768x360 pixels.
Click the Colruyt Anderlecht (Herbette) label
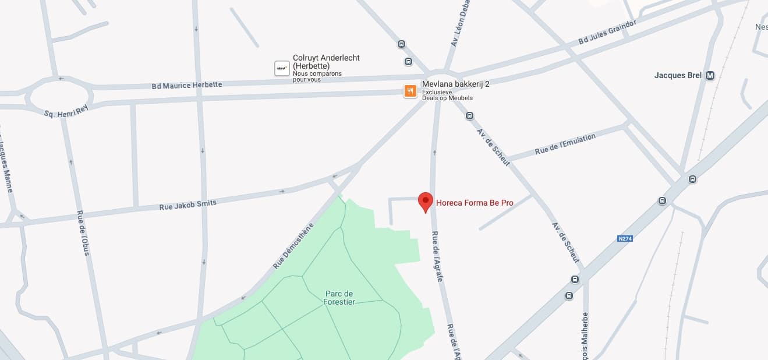click(326, 62)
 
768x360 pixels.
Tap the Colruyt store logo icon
click(282, 69)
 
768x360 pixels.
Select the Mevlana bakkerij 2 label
click(455, 84)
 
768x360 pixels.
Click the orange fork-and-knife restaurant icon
click(410, 91)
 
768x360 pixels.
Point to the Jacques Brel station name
click(678, 75)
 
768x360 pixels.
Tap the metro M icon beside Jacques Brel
click(710, 75)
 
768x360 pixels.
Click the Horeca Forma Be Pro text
click(475, 203)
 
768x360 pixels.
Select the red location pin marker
click(426, 202)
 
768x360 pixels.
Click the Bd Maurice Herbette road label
click(187, 85)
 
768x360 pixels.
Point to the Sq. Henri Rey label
click(66, 110)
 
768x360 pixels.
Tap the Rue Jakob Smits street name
click(187, 205)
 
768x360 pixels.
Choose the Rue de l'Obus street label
click(83, 232)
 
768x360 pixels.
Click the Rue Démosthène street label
click(293, 245)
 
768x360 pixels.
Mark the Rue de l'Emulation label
click(565, 143)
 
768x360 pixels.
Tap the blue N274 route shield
click(625, 238)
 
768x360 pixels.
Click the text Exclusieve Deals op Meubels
click(447, 95)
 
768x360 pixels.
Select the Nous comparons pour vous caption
click(317, 76)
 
